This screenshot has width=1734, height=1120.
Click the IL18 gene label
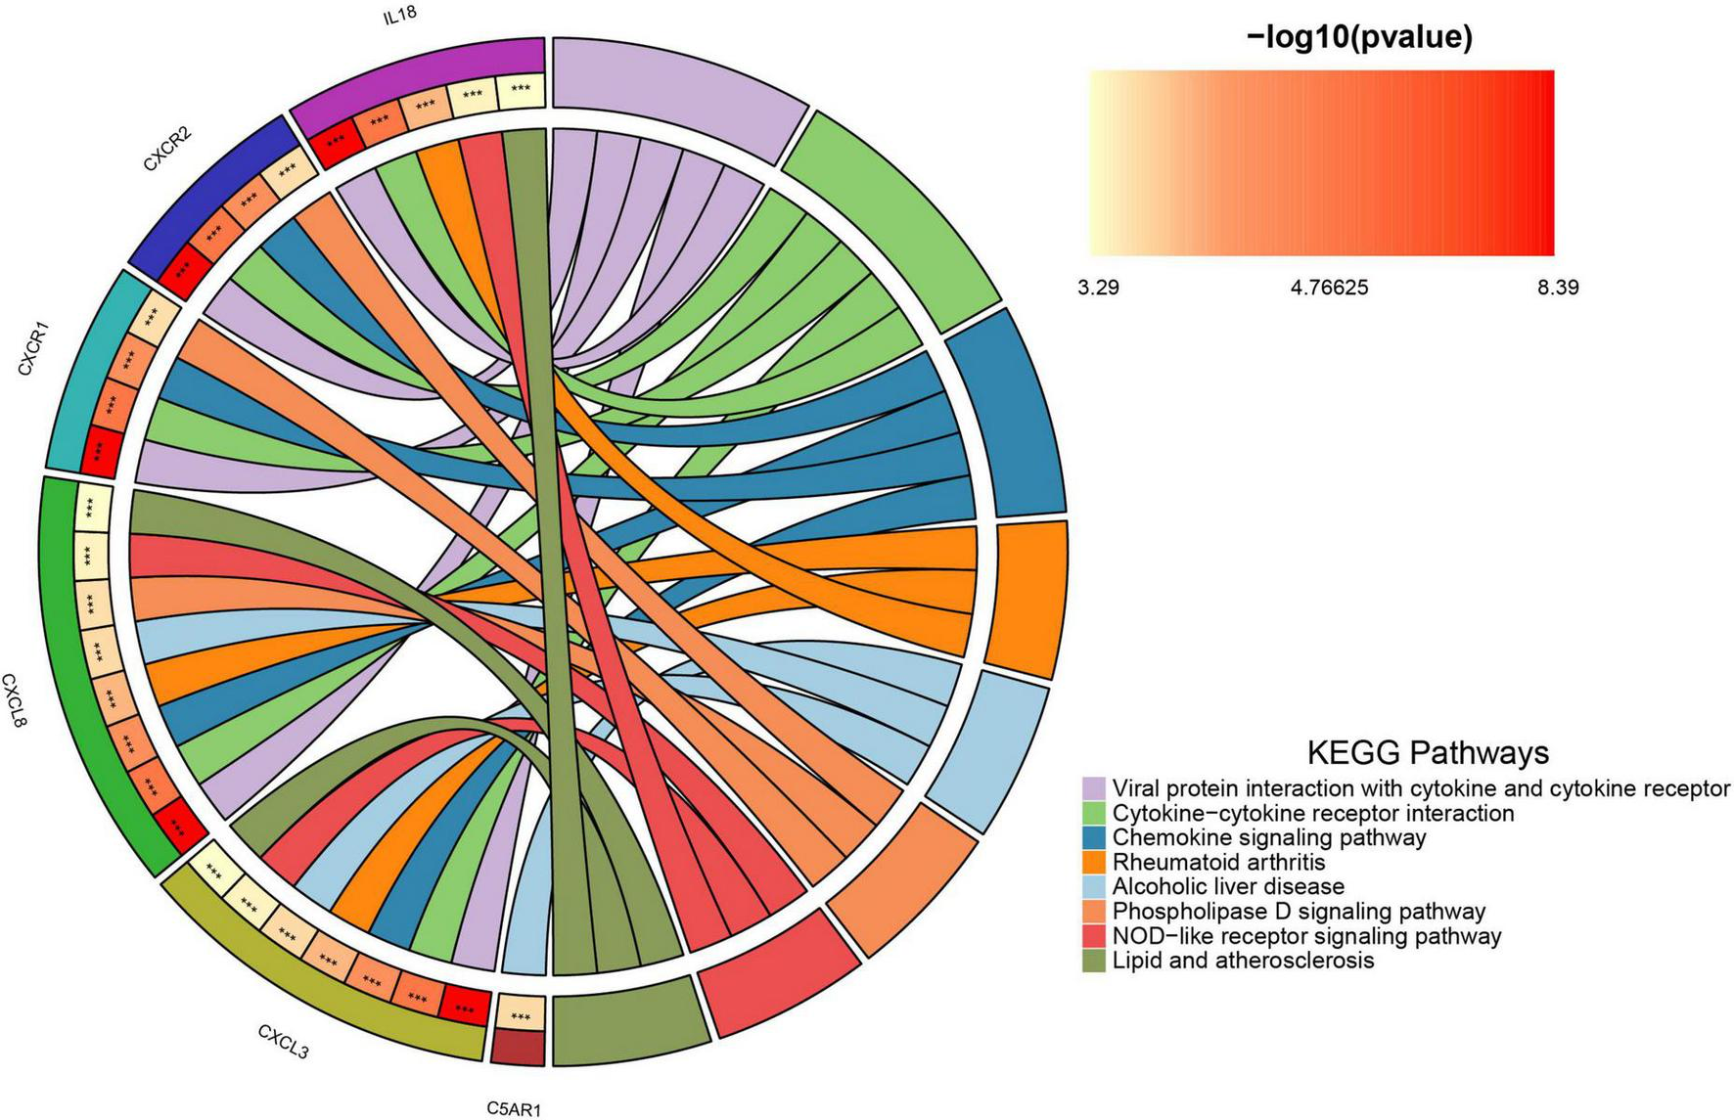click(399, 17)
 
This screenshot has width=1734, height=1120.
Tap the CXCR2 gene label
click(167, 150)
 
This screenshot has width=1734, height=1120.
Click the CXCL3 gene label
click(284, 1042)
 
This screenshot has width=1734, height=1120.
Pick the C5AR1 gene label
click(514, 1108)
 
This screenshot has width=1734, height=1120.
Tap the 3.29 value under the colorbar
click(1099, 288)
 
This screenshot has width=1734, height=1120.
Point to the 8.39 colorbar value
click(1558, 288)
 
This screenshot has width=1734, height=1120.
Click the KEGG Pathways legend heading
click(1428, 752)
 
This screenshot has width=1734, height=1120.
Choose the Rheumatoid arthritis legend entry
click(1218, 862)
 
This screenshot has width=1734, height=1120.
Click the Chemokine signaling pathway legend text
click(1269, 837)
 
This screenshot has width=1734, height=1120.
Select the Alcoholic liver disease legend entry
click(1228, 886)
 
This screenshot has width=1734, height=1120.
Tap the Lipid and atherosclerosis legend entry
click(1243, 960)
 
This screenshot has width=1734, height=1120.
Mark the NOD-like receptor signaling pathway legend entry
click(1306, 935)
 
